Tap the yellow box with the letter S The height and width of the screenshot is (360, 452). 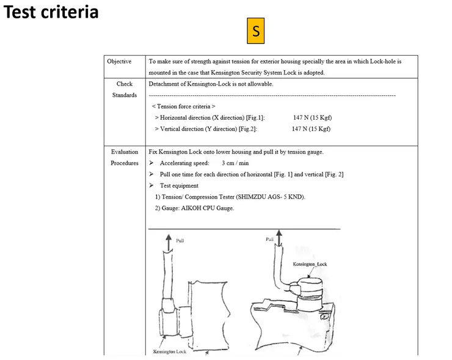click(x=255, y=31)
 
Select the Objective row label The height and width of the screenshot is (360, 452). click(x=119, y=62)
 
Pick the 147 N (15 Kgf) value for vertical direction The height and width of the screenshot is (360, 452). click(x=311, y=129)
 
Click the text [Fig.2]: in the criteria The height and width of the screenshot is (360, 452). click(x=244, y=129)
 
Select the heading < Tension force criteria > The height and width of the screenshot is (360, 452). click(x=183, y=106)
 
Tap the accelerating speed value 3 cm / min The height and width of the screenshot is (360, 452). click(x=235, y=163)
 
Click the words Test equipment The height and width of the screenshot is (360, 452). click(x=179, y=185)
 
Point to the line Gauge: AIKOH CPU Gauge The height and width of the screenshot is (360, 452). click(x=194, y=208)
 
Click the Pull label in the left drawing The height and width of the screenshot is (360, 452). click(x=180, y=240)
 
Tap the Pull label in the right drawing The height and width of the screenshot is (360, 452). click(x=269, y=240)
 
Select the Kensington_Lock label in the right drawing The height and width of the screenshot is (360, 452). click(x=310, y=264)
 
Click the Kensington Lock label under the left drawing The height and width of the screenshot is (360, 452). click(x=170, y=351)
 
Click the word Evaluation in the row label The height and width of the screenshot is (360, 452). click(x=125, y=152)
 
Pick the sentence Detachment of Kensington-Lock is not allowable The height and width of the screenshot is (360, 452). click(x=211, y=84)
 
